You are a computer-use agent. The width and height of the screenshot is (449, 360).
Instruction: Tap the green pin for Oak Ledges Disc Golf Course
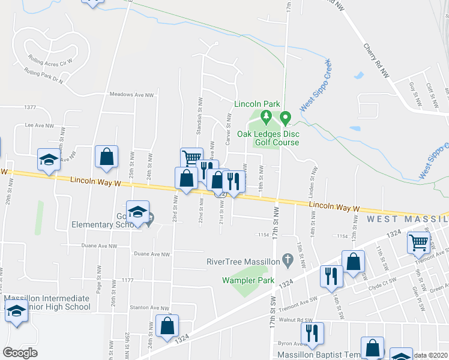pos(286,116)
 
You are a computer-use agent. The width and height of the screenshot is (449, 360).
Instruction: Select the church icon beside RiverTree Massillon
pos(288,260)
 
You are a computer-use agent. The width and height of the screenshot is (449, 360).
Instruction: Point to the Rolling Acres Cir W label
pos(50,60)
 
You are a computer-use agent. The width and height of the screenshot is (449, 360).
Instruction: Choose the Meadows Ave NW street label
pos(131,95)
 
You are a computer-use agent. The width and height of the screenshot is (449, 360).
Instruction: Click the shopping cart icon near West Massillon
pos(419,243)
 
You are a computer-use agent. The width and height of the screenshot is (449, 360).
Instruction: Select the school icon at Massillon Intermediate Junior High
pos(17,313)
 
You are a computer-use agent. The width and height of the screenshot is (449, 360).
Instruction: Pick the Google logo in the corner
pos(20,353)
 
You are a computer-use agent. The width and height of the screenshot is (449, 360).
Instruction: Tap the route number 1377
pos(30,107)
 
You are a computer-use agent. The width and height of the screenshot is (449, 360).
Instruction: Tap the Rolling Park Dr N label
pos(44,76)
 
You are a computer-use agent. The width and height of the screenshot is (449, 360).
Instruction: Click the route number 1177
pos(126,280)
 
